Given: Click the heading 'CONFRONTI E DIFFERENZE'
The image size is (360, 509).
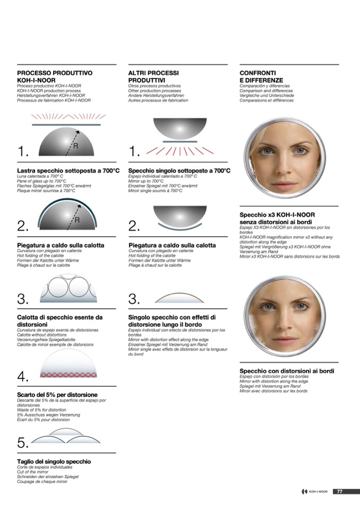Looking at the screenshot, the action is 261,76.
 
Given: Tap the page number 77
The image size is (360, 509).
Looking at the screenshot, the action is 339,491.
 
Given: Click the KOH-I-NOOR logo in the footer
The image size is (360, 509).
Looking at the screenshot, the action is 314,492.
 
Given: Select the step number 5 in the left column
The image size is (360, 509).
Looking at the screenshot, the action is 23,443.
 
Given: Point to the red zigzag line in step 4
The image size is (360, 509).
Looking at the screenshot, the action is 68,375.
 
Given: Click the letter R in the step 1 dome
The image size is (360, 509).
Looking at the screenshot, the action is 75,146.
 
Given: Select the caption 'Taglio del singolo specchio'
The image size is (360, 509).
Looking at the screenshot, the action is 54,462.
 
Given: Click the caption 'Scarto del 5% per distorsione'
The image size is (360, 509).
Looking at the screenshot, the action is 57,395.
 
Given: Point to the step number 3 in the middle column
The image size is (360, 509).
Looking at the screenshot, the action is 134,299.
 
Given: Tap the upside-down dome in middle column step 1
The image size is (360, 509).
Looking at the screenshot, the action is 180,129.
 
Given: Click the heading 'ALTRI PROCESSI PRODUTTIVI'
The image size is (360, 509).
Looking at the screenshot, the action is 153,76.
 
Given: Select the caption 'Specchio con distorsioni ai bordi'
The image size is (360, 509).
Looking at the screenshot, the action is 287,371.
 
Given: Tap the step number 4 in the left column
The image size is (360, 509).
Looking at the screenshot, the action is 23,376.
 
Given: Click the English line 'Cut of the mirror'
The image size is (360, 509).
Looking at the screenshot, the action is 32,472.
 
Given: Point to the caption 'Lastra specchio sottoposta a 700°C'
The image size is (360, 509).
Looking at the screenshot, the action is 68,171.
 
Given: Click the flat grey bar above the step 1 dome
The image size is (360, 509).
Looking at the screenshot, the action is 66,124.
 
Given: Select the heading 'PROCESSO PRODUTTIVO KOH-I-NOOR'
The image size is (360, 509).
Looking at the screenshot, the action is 55,76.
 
